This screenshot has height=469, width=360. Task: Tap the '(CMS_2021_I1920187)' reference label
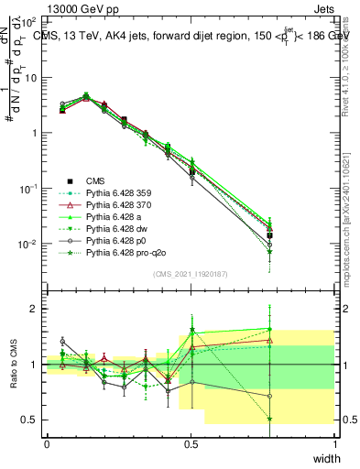click(x=191, y=274)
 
